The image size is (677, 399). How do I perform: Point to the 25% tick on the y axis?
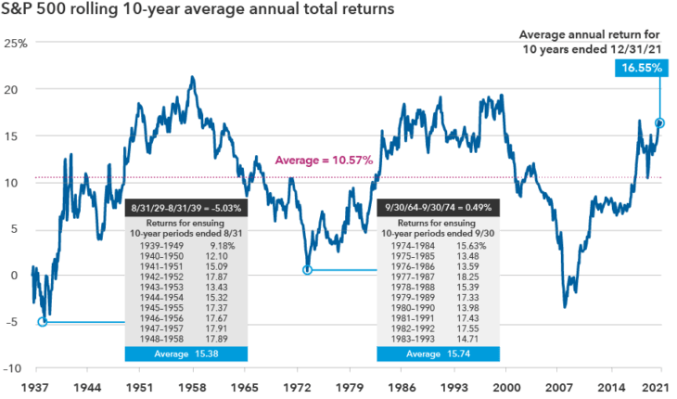[14, 44]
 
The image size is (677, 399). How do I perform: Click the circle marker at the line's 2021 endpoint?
[659, 122]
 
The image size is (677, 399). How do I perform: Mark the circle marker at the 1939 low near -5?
[42, 322]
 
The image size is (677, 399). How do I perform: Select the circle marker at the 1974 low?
[307, 270]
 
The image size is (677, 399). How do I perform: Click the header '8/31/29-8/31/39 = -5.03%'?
[186, 207]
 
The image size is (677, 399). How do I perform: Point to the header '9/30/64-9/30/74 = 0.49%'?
[439, 207]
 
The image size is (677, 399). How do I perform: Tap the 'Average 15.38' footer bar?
[186, 355]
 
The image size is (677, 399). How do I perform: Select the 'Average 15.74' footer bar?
[439, 355]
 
